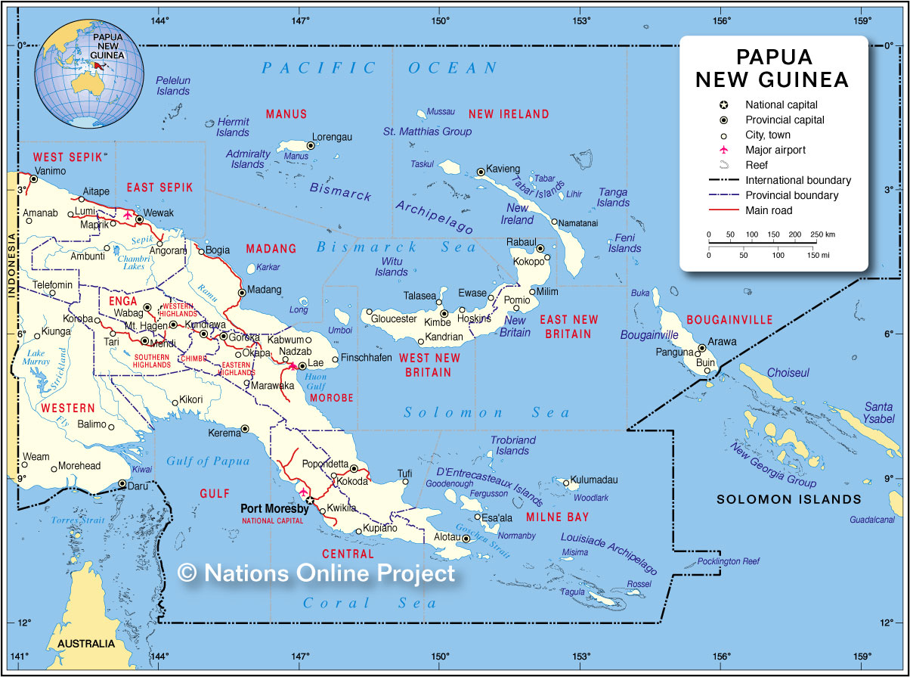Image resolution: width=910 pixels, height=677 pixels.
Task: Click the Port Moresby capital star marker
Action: pyautogui.click(x=309, y=500)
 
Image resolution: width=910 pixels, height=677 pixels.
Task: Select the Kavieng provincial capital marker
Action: pyautogui.click(x=481, y=172)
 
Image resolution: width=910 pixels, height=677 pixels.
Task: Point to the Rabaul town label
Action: pyautogui.click(x=521, y=242)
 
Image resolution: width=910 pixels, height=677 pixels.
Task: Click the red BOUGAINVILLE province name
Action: pyautogui.click(x=729, y=320)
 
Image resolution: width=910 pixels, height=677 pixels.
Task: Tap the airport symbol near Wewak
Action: pyautogui.click(x=128, y=216)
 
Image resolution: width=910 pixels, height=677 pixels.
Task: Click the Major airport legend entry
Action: pyautogui.click(x=775, y=150)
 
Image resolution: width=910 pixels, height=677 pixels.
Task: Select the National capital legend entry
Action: pyautogui.click(x=781, y=105)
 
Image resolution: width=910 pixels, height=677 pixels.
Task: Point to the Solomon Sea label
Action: pyautogui.click(x=487, y=412)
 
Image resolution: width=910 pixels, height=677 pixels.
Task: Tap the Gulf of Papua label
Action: pyautogui.click(x=208, y=461)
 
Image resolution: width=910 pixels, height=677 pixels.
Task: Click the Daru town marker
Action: pyautogui.click(x=122, y=483)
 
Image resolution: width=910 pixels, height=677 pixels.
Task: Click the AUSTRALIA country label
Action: pyautogui.click(x=85, y=644)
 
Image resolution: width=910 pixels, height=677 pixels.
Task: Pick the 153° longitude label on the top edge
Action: pyautogui.click(x=580, y=20)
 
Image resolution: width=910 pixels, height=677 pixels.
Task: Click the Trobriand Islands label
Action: pyautogui.click(x=512, y=445)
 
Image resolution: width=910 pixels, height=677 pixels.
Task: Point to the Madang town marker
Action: pyautogui.click(x=242, y=292)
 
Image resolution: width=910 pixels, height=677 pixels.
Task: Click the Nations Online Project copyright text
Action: pyautogui.click(x=317, y=573)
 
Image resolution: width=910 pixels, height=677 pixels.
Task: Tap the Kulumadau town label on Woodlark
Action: pyautogui.click(x=595, y=480)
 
